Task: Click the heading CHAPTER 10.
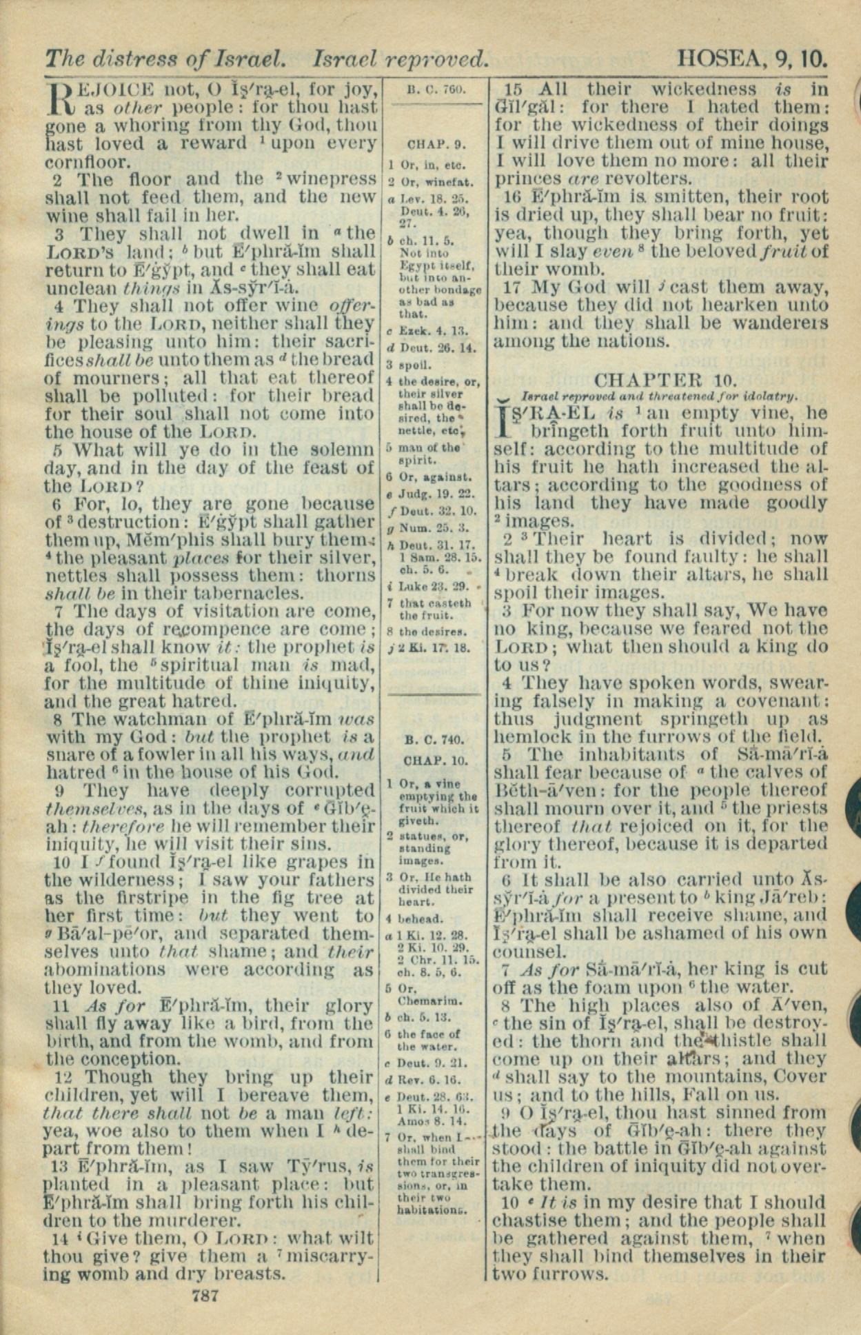(665, 380)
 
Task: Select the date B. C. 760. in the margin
(437, 89)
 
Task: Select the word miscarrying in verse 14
(331, 1238)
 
